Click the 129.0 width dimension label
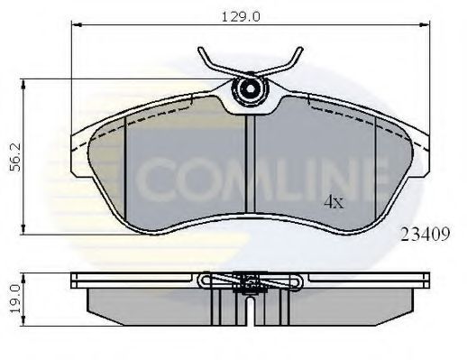coord(241,17)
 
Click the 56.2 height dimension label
coord(15,157)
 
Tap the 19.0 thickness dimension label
coord(15,299)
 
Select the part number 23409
coord(426,235)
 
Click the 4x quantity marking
coord(334,202)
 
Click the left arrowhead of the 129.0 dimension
coord(77,25)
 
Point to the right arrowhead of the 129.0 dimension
coord(425,25)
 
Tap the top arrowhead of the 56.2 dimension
coord(23,85)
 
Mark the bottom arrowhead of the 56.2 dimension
coord(23,229)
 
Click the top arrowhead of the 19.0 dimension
coord(23,278)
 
